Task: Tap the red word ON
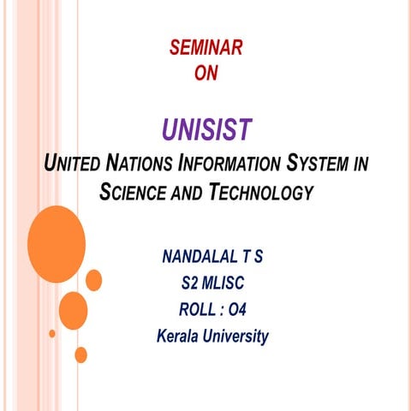[x=206, y=74]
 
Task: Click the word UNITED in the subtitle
[x=71, y=163]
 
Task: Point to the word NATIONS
[x=140, y=163]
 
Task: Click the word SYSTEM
[x=318, y=163]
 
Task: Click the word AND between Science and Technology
[x=191, y=194]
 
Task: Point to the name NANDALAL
[x=194, y=257]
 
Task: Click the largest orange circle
[x=57, y=232]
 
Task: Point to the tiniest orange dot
[x=52, y=333]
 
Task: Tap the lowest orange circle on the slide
[x=81, y=354]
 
